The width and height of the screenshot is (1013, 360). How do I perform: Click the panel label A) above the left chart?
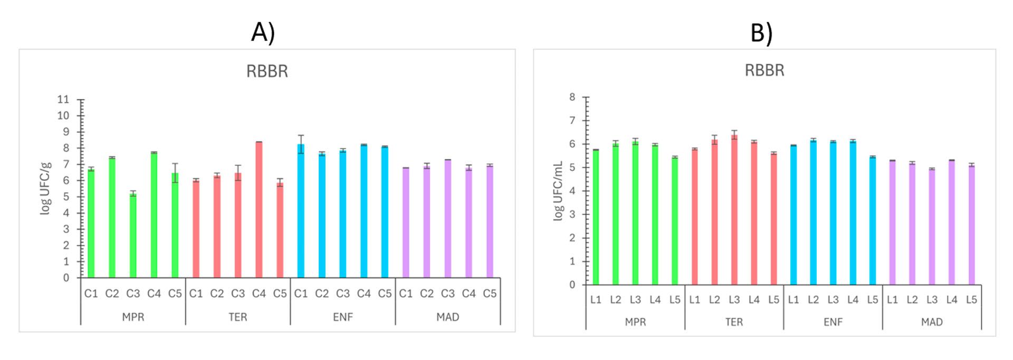click(x=263, y=33)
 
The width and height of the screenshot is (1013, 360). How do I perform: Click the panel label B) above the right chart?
click(x=761, y=33)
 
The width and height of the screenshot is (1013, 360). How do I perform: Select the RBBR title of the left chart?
click(x=267, y=71)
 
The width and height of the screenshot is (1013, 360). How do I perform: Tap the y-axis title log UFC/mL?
click(x=558, y=191)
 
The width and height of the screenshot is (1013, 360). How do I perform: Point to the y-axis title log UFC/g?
click(x=46, y=188)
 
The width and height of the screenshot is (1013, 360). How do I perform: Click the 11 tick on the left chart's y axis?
click(x=63, y=99)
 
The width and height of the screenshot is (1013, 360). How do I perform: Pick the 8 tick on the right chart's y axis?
click(x=572, y=97)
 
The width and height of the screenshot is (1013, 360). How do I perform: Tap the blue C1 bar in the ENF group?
click(x=301, y=211)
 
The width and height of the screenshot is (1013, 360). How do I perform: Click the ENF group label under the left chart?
click(x=343, y=317)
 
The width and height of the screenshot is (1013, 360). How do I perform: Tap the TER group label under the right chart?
click(x=734, y=321)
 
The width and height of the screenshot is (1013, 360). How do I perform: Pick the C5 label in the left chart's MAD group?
click(x=490, y=293)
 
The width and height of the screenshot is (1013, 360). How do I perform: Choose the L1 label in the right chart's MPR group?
click(x=596, y=300)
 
